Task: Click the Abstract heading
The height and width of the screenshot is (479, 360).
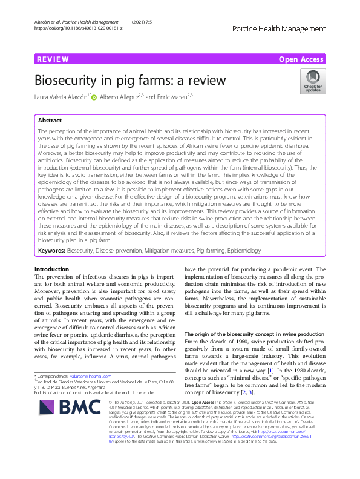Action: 50,121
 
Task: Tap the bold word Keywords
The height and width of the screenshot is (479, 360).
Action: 51,250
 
